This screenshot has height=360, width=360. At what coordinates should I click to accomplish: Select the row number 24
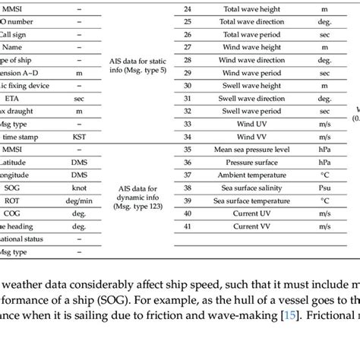click(x=188, y=8)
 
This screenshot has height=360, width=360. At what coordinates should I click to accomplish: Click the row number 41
click(x=188, y=226)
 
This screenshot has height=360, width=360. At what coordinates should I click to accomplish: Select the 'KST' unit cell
click(x=79, y=137)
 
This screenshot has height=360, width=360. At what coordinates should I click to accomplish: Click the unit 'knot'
click(x=79, y=188)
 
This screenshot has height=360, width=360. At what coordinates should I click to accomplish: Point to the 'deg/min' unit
click(x=79, y=201)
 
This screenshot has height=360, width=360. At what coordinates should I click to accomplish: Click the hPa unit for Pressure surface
click(x=324, y=163)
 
